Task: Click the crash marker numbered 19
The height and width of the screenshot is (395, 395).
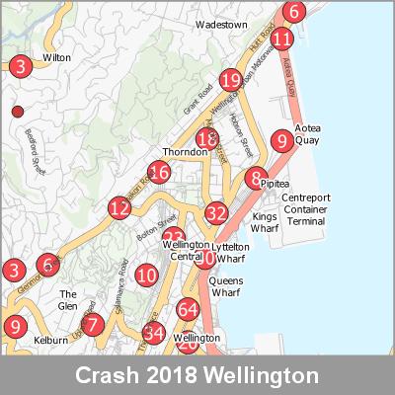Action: pyautogui.click(x=231, y=80)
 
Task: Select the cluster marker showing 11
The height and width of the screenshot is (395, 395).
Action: pyautogui.click(x=282, y=40)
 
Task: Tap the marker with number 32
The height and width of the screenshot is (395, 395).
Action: pyautogui.click(x=217, y=211)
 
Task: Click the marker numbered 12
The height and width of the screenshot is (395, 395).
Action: pyautogui.click(x=119, y=208)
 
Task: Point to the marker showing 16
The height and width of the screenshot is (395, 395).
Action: pyautogui.click(x=159, y=173)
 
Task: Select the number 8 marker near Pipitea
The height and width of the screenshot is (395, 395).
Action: pyautogui.click(x=257, y=179)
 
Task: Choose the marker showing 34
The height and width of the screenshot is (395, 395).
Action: pyautogui.click(x=153, y=332)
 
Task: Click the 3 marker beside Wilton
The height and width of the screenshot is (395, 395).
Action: pyautogui.click(x=21, y=67)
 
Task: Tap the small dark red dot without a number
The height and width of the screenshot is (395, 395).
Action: pyautogui.click(x=16, y=113)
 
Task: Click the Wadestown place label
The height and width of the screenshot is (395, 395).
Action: pyautogui.click(x=221, y=23)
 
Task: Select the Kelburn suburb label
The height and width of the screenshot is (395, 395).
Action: pyautogui.click(x=51, y=340)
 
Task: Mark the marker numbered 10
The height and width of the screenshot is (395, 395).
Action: pyautogui.click(x=147, y=276)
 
